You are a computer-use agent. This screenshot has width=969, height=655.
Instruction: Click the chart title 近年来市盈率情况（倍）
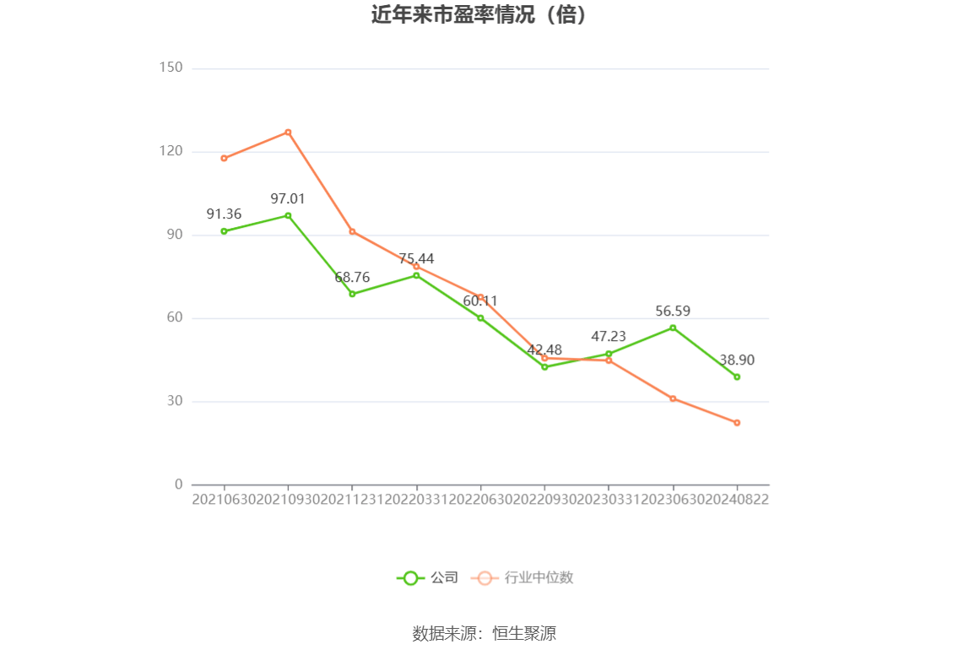[479, 15]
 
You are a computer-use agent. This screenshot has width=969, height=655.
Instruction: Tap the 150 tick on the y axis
[171, 68]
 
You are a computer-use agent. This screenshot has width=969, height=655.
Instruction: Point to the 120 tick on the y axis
[171, 151]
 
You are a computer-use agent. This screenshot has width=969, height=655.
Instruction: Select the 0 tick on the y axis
[178, 484]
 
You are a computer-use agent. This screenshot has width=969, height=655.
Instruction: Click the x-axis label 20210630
[224, 499]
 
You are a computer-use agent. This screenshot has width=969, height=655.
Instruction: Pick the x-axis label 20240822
[738, 499]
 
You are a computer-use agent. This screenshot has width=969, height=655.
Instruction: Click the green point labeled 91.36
[224, 231]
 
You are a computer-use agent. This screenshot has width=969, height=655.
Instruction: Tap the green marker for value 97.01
[288, 215]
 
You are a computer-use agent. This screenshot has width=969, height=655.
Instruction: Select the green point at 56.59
[673, 327]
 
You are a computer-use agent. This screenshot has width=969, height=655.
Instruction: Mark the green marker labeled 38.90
[737, 376]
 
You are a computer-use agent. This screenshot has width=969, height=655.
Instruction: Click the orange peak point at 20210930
[288, 132]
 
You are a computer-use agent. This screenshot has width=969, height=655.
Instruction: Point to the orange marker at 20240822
[737, 422]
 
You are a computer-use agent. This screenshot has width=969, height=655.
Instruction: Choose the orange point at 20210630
[224, 158]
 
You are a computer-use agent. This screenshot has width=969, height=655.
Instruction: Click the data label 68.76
[352, 277]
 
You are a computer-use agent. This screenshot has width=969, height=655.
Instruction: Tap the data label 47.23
[609, 337]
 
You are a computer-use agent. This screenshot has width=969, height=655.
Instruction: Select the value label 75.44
[416, 258]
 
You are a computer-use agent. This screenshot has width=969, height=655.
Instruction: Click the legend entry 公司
[428, 578]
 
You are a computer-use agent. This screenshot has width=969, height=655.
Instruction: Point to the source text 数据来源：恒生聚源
[484, 634]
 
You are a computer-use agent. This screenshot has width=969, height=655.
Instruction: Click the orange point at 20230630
[673, 398]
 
